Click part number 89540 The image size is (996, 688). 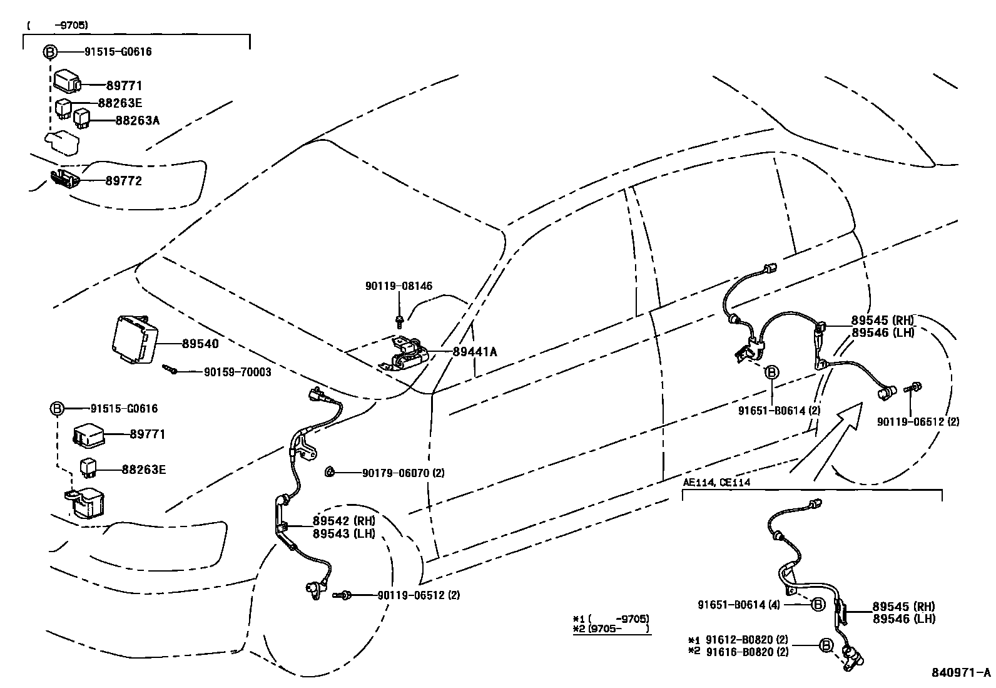coord(200,344)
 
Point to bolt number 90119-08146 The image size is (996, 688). coord(399,286)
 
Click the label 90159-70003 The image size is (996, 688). coord(237,372)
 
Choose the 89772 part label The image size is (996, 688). coord(123,181)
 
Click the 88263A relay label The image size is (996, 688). coord(137,120)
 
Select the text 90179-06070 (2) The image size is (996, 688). coord(403,473)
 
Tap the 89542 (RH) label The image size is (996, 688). coord(343,521)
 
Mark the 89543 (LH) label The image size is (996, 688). coord(343,533)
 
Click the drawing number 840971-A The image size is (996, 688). coord(961,672)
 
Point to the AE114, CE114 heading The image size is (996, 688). coord(716,482)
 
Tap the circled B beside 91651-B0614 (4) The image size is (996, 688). coord(817,604)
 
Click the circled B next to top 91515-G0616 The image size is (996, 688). coord(50,52)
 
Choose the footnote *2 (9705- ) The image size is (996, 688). coord(610,629)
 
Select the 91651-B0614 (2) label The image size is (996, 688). coord(779,411)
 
